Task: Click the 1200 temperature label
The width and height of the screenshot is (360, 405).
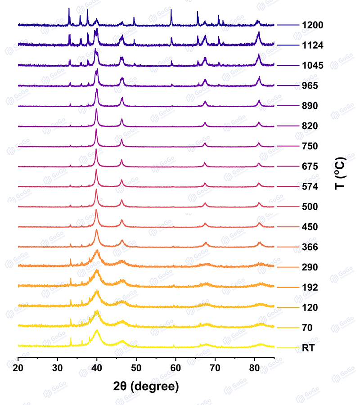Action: coord(314,25)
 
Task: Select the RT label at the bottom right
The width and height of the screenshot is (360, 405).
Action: coord(309,348)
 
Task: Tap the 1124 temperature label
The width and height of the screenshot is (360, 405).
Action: coord(314,45)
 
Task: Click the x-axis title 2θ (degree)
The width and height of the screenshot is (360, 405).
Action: coord(146,386)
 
